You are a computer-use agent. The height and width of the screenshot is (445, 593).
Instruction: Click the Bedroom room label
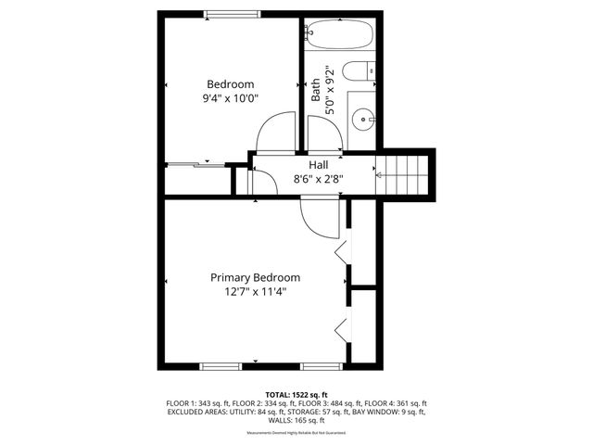click(x=231, y=83)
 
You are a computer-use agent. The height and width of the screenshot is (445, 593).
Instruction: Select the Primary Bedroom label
click(x=255, y=277)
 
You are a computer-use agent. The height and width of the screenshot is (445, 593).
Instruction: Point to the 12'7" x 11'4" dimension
click(x=255, y=291)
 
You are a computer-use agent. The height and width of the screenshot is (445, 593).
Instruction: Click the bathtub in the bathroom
click(x=340, y=35)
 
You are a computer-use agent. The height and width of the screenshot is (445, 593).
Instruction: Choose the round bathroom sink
click(x=362, y=119)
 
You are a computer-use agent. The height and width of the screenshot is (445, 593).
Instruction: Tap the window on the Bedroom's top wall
click(x=233, y=13)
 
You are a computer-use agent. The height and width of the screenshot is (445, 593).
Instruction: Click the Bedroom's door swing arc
click(x=273, y=133)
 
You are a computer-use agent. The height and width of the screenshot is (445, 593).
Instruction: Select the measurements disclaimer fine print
click(x=296, y=433)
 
